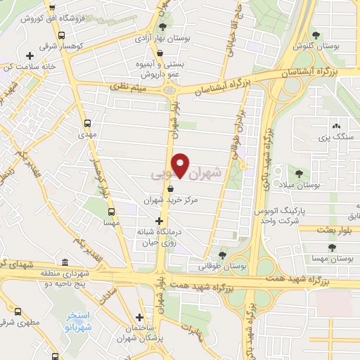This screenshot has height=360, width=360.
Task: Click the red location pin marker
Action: click(x=181, y=165)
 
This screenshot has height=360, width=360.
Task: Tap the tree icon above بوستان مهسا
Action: click(x=330, y=247)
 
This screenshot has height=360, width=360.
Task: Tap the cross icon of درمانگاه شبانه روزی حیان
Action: click(x=158, y=221)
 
